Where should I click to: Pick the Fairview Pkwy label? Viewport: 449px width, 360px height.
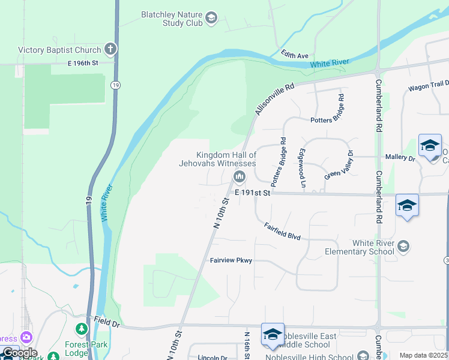click(231, 260)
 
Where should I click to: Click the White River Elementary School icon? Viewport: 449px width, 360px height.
click(403, 246)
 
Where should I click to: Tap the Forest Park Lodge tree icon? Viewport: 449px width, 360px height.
click(81, 329)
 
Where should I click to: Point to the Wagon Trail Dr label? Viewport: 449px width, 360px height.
click(429, 86)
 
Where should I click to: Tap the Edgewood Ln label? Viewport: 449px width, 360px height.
click(303, 167)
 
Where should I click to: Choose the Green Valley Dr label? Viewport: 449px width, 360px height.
click(340, 166)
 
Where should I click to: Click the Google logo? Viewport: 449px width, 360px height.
click(19, 352)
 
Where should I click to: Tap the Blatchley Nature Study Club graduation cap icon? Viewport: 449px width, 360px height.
click(211, 18)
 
